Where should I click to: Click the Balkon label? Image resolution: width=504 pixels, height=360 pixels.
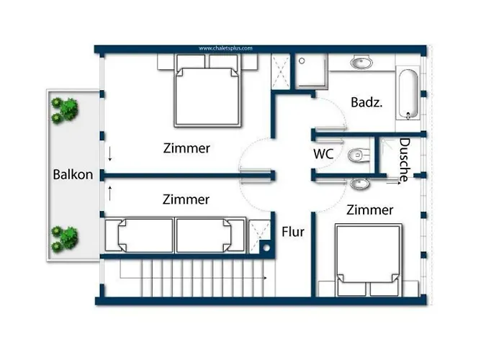(x=73, y=174)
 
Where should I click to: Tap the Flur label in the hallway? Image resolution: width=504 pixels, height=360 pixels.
(x=293, y=233)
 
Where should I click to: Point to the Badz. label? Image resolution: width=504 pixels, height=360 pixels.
(x=366, y=103)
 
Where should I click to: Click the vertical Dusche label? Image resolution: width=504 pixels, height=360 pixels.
(x=404, y=159)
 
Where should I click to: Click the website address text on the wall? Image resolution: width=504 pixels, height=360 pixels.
(x=225, y=48)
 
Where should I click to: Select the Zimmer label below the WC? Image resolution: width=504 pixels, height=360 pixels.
(x=369, y=210)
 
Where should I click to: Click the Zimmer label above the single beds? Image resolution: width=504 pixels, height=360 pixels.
(x=186, y=199)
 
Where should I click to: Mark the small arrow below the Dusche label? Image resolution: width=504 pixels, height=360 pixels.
(x=392, y=184)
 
